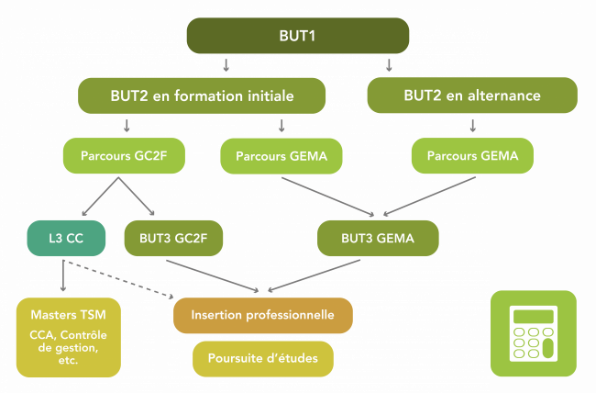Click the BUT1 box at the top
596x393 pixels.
click(x=297, y=36)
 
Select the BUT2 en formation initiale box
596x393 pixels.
click(x=202, y=95)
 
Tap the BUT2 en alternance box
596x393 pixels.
click(x=471, y=95)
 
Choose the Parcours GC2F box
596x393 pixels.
click(x=125, y=156)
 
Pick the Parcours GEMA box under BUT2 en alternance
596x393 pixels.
click(x=473, y=156)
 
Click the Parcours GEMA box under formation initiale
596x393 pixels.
click(x=281, y=156)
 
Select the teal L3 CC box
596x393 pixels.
click(x=62, y=238)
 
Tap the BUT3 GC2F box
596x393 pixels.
click(x=174, y=238)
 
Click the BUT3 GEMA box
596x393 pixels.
click(x=378, y=238)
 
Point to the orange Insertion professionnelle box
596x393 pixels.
click(x=262, y=315)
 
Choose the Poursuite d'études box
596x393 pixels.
click(x=262, y=358)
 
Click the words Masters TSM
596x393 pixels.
click(x=68, y=315)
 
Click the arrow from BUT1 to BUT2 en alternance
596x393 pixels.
click(x=390, y=65)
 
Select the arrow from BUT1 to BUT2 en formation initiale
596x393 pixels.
click(x=226, y=65)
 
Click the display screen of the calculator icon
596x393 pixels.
click(x=533, y=317)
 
